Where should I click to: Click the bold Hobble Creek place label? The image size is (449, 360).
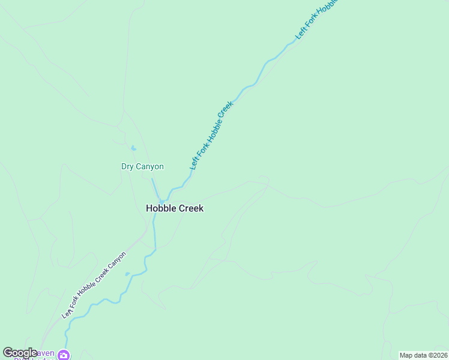click(175, 209)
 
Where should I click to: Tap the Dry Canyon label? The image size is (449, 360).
click(142, 167)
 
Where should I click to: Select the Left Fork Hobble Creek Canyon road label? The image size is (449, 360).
click(94, 285)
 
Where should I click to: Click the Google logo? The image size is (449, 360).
click(20, 353)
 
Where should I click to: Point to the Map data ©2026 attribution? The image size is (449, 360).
click(423, 355)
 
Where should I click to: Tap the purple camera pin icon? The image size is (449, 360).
click(64, 355)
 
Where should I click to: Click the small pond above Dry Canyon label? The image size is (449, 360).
click(133, 148)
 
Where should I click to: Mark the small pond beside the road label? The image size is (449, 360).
click(127, 274)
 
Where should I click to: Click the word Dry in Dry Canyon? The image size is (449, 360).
click(127, 167)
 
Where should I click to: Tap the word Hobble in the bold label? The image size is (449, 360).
click(160, 209)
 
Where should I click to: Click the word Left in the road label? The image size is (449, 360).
click(65, 313)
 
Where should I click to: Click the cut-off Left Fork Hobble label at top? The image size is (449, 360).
click(319, 18)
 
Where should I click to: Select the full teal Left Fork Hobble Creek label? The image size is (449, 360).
click(211, 136)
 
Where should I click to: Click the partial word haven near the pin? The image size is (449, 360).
click(47, 353)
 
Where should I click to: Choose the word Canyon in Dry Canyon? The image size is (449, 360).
click(149, 167)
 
